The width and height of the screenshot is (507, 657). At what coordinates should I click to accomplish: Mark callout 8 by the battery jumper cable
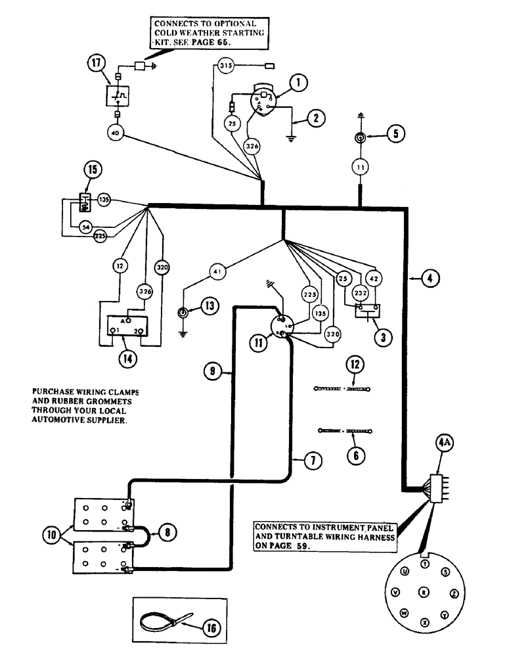coord(167,533)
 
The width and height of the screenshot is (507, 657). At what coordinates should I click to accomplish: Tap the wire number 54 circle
coord(85,226)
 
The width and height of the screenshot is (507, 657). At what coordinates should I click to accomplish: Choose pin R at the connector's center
coord(425,592)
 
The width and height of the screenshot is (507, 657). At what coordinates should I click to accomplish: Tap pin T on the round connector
coord(425,564)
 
